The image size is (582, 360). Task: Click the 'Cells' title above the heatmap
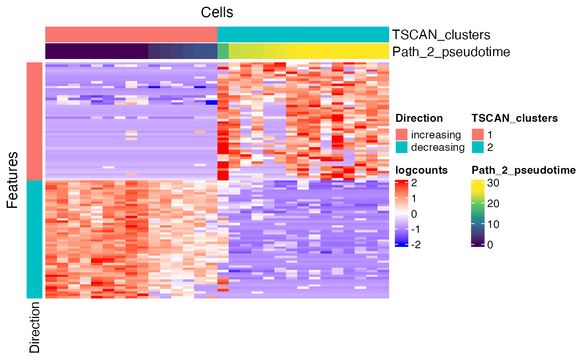217,12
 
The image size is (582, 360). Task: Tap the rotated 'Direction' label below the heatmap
35,327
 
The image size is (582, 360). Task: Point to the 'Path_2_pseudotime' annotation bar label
451,52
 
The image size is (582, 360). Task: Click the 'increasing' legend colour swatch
402,135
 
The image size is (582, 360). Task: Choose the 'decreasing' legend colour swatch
402,147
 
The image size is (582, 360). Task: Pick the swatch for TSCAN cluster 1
478,135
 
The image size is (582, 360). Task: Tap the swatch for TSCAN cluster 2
478,147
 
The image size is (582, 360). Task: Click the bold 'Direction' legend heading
419,118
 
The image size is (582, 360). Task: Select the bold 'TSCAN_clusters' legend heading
515,118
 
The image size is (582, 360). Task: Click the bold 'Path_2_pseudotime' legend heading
523,170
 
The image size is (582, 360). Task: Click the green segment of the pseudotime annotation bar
223,52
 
